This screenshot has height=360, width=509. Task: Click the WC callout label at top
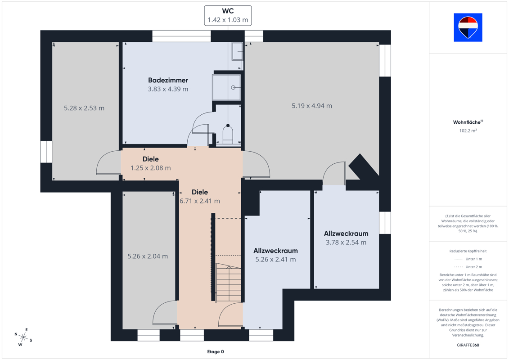pos(228,15)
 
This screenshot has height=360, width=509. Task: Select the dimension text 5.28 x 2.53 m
pos(84,108)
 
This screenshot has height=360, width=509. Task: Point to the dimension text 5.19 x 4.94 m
pos(311,105)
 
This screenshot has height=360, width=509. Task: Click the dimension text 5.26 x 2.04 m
pos(148,256)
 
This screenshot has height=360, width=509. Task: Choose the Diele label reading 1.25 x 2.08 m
pos(151,163)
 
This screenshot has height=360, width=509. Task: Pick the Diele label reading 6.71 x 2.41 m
pos(200,196)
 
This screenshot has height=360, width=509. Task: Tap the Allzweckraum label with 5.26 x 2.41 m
pos(275,255)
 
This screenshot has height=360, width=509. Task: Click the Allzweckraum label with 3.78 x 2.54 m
pos(346,238)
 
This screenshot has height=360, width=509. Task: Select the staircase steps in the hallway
pos(229,283)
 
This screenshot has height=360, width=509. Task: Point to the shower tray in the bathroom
pos(226,87)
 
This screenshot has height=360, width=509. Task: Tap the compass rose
pos(23,337)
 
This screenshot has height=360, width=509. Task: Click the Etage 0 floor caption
pos(216,351)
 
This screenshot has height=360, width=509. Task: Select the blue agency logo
pos(468,27)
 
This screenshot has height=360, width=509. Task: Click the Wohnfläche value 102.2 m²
pos(468,131)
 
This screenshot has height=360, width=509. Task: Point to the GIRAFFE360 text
pos(468,345)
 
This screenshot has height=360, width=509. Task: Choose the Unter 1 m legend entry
pos(468,259)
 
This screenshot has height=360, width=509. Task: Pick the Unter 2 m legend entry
pos(468,267)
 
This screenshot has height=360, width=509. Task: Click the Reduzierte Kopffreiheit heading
pos(468,251)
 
